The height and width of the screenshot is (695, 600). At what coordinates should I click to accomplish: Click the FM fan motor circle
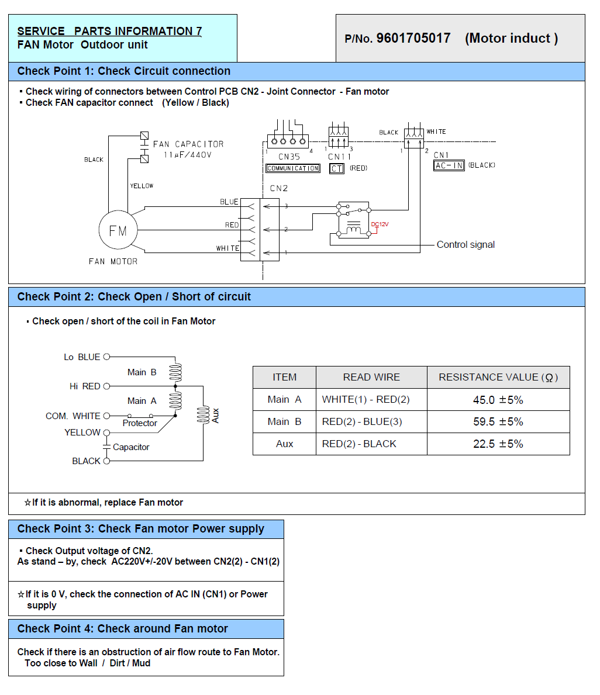point(118,230)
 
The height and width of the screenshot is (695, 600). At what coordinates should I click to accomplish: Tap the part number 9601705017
point(413,38)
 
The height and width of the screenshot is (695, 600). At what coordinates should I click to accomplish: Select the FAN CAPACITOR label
point(188,144)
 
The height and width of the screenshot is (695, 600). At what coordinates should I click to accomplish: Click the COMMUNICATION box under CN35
point(292,168)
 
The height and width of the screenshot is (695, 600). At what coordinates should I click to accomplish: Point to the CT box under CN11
point(337,168)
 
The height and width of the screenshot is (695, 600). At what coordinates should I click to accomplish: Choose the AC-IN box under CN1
point(449,165)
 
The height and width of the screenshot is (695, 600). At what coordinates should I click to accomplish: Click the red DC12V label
point(380,224)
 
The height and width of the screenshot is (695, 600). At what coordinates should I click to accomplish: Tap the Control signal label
point(465,245)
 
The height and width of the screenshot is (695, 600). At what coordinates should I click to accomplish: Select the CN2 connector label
point(279,188)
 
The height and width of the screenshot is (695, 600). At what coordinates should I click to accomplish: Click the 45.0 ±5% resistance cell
point(498,400)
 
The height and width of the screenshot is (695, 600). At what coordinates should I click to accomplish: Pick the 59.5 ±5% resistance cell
point(498,421)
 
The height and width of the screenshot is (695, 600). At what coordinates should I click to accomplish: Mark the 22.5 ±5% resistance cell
point(498,444)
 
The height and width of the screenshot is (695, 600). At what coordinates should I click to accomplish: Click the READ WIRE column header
point(371,377)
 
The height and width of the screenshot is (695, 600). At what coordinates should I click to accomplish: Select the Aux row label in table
point(285,444)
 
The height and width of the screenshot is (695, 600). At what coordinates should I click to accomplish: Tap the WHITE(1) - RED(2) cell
point(366,399)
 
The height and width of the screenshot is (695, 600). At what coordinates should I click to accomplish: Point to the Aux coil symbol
point(203,415)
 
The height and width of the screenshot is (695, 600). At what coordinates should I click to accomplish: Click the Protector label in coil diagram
point(140,423)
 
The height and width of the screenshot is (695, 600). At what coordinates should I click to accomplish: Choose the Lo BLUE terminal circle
point(106,357)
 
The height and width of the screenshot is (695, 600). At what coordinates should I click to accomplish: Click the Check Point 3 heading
point(140,529)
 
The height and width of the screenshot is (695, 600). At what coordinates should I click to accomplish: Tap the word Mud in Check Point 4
point(142,663)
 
